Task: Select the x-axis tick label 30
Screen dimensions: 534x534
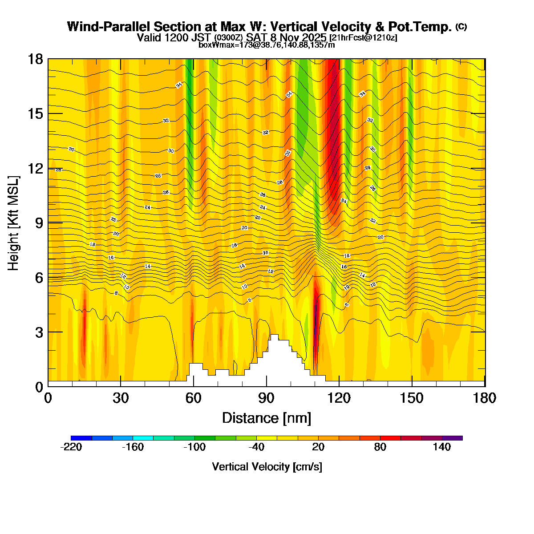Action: (121, 398)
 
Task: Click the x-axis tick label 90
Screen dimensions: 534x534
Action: (267, 398)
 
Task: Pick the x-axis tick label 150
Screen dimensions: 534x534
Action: (412, 398)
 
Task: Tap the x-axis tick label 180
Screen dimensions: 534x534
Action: (485, 398)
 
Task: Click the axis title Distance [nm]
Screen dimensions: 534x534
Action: (267, 418)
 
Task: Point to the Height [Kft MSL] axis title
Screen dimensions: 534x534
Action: (14, 222)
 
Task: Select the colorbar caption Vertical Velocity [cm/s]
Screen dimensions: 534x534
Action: (267, 467)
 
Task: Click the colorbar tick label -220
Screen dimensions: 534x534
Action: (71, 447)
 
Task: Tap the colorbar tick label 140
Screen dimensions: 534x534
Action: (442, 447)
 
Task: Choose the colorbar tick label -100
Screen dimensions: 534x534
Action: (194, 447)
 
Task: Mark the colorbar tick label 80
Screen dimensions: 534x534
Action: (380, 447)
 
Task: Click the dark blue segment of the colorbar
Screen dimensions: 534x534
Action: (81, 438)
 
